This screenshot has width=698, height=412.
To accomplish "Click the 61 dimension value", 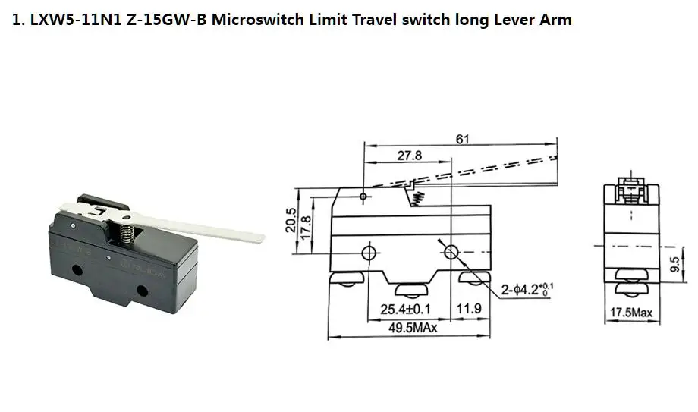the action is pos(461,138).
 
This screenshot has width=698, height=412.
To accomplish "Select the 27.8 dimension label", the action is pos(409,156).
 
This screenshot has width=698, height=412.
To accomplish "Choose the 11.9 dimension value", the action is pos(470,310).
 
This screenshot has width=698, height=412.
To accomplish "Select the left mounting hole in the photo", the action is pos(76,269).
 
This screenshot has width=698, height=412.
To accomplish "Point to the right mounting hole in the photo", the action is pos(142,289).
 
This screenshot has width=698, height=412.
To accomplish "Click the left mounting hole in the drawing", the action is pos(369,252).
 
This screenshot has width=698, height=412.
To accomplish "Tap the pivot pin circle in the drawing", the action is pos(363,197).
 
